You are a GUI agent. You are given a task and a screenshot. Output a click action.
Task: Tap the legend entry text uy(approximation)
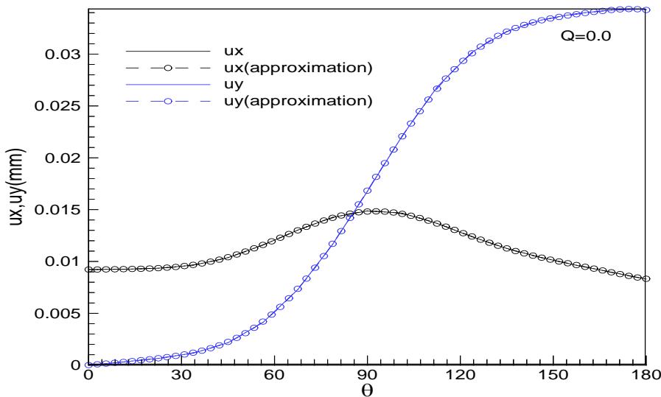tap(318, 100)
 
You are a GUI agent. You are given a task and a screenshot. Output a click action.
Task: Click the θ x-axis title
tap(367, 388)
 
